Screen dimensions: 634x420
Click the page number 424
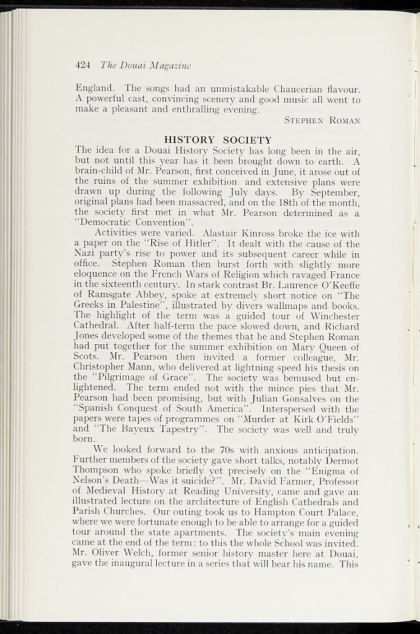(84, 64)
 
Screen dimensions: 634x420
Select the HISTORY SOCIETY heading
(217, 140)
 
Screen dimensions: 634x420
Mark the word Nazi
(85, 254)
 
